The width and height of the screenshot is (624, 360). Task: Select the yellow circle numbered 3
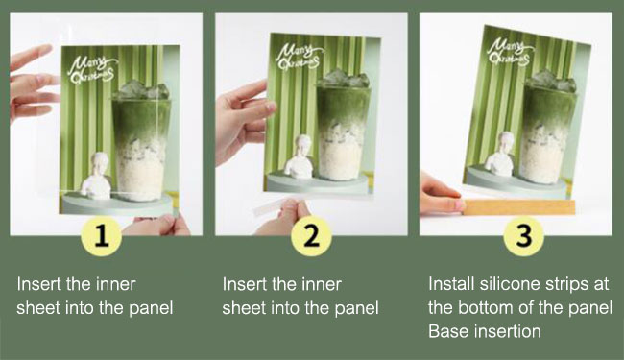(523, 235)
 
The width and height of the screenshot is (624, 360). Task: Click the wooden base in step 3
(519, 207)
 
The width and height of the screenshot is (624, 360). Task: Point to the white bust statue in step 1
(96, 176)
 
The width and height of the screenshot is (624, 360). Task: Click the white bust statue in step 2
(300, 156)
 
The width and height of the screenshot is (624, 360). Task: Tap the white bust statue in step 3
(500, 154)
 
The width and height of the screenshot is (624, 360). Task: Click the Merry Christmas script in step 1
(92, 70)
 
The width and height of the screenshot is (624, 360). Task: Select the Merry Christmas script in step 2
(299, 57)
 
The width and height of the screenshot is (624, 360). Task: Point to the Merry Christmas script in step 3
(511, 52)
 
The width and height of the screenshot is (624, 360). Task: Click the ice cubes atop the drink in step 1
(141, 90)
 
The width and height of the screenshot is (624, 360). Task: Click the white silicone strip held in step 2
(268, 207)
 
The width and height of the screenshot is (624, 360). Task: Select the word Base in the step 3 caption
(444, 331)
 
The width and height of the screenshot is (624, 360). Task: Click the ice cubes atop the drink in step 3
(551, 81)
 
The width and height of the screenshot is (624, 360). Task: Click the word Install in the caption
(451, 283)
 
